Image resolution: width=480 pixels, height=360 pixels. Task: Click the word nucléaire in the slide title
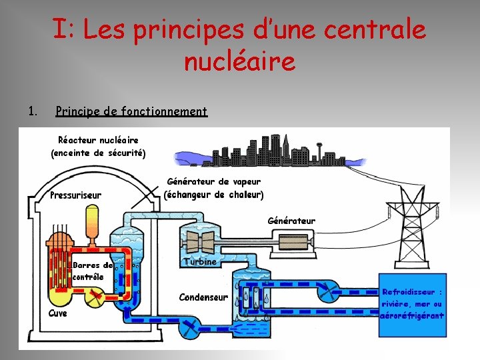239,61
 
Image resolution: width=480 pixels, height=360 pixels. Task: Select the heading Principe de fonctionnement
131,111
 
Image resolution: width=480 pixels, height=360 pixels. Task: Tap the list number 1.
32,111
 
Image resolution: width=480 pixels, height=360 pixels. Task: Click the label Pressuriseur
76,195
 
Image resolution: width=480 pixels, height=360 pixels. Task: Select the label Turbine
201,261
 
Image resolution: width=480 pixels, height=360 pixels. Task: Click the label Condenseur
203,297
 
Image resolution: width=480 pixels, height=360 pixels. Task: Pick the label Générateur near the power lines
291,221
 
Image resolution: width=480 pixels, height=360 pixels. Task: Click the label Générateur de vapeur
213,181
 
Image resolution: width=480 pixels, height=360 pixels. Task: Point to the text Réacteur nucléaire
98,140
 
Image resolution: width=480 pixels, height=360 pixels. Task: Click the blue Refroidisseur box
411,304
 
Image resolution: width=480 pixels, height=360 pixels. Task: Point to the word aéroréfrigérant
411,315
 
